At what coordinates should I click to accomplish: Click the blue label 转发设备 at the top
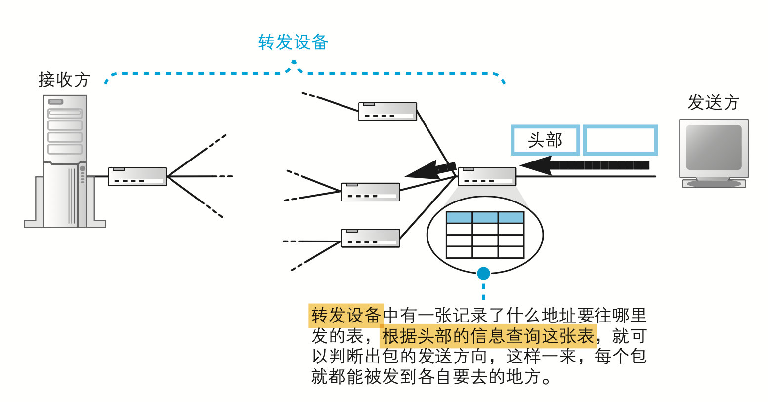[x=293, y=42]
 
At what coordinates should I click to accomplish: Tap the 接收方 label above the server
[x=64, y=79]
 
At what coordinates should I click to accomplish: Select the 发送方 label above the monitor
[x=713, y=102]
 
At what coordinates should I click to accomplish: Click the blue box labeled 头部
[x=545, y=140]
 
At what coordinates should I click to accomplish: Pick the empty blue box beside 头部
[x=620, y=140]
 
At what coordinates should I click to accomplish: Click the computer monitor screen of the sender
[x=714, y=147]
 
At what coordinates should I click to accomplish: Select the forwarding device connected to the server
[x=137, y=176]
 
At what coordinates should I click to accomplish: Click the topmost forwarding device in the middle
[x=387, y=112]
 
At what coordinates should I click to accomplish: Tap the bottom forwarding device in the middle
[x=371, y=238]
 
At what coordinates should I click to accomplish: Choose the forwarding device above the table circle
[x=487, y=176]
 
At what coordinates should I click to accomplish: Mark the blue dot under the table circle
[x=483, y=273]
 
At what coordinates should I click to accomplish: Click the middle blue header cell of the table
[x=485, y=217]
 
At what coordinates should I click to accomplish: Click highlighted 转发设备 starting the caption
[x=346, y=315]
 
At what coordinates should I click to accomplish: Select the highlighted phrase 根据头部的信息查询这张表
[x=488, y=336]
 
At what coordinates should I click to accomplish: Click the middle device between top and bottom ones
[x=371, y=192]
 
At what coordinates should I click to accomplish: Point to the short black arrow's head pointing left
[x=420, y=170]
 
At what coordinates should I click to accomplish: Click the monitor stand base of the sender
[x=714, y=184]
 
